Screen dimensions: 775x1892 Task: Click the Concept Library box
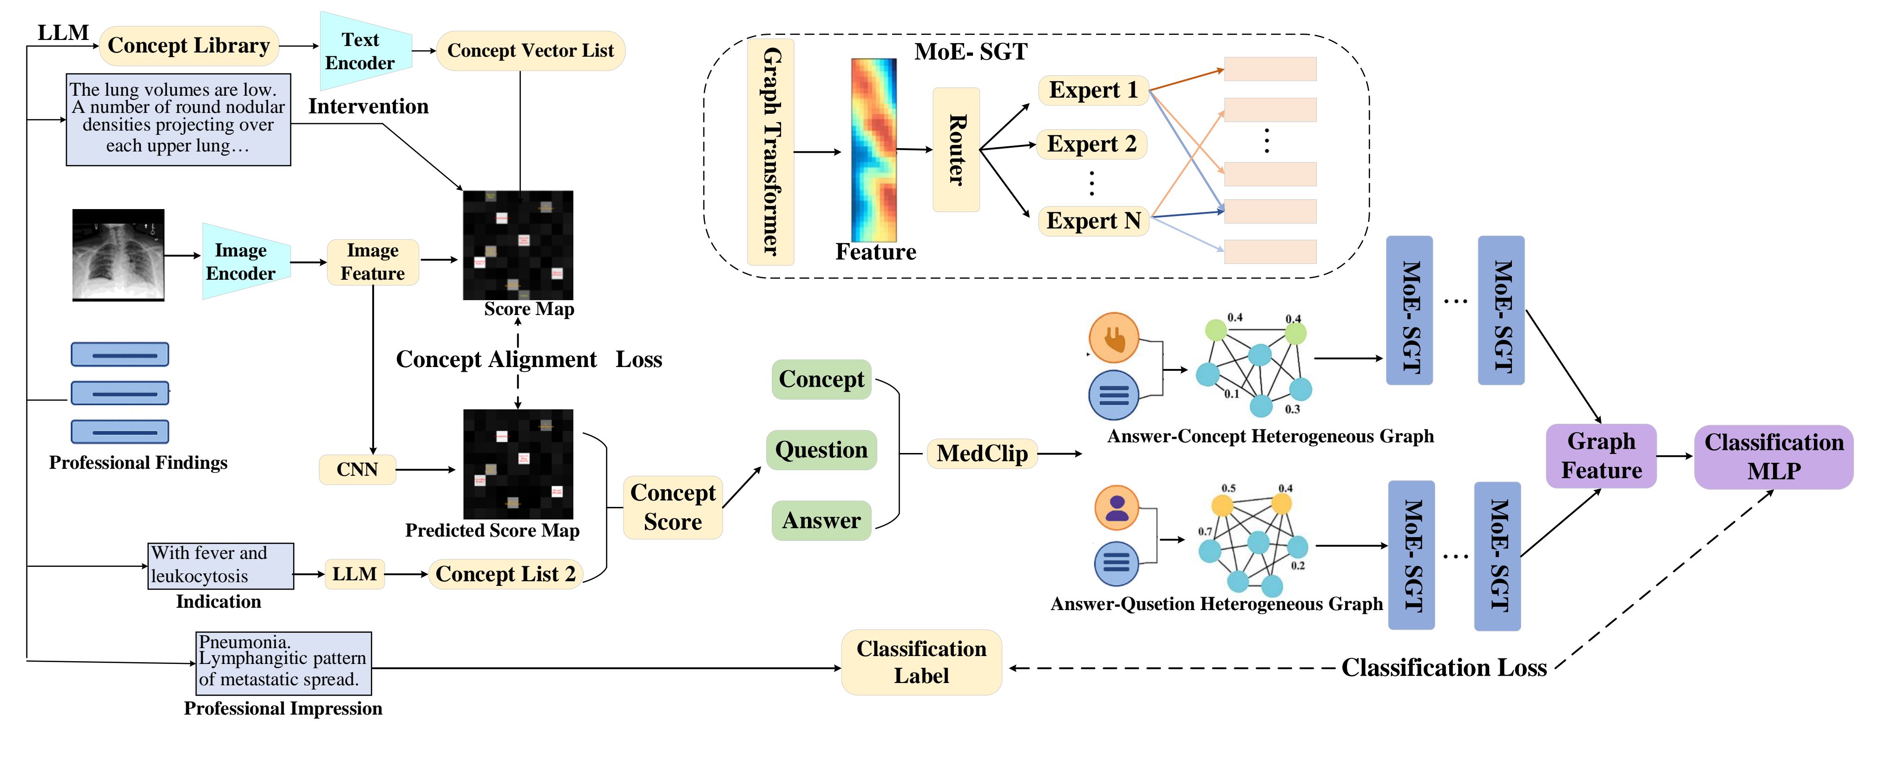[x=189, y=46]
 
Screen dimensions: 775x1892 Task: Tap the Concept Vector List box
[x=530, y=51]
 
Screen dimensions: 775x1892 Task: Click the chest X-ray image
[x=118, y=255]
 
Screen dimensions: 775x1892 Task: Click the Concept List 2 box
[x=506, y=574]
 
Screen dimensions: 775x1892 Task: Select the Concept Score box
[x=673, y=507]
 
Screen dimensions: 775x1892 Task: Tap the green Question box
[x=821, y=450]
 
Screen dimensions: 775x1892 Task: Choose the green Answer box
[x=821, y=520]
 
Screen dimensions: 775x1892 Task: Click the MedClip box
[x=982, y=453]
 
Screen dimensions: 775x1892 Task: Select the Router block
[x=956, y=150]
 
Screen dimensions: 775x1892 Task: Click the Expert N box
[x=1093, y=220]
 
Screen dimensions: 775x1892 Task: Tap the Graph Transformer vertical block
[x=770, y=152]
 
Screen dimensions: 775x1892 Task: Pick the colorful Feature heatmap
[x=874, y=150]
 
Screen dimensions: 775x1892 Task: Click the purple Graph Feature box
[x=1601, y=455]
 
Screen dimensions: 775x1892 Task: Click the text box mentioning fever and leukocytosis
[x=220, y=565]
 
